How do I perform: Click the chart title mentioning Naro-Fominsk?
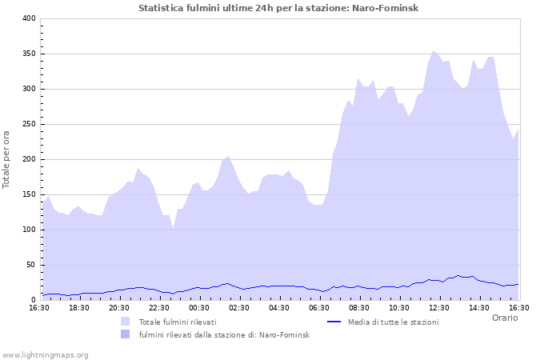tap(278, 8)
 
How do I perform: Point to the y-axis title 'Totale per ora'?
tap(6, 158)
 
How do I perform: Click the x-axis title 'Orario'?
tap(504, 318)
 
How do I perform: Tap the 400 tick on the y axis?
tap(28, 18)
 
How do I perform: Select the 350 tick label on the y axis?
tap(28, 54)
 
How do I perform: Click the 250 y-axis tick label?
tap(28, 124)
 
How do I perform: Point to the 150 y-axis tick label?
tap(28, 194)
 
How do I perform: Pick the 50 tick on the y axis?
tap(30, 265)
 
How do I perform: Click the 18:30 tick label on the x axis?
tap(78, 307)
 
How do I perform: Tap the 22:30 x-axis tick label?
tap(158, 307)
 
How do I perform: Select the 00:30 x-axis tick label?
tap(198, 307)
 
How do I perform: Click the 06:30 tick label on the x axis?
tap(319, 307)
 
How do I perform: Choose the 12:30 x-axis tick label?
tap(439, 307)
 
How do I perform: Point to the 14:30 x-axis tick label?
tap(479, 307)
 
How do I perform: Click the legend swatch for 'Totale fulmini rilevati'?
tap(125, 322)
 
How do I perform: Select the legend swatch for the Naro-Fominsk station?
tap(125, 334)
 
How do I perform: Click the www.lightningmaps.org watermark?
tap(46, 354)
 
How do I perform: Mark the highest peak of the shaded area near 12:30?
tap(434, 51)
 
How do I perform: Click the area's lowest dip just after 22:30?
tap(173, 229)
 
